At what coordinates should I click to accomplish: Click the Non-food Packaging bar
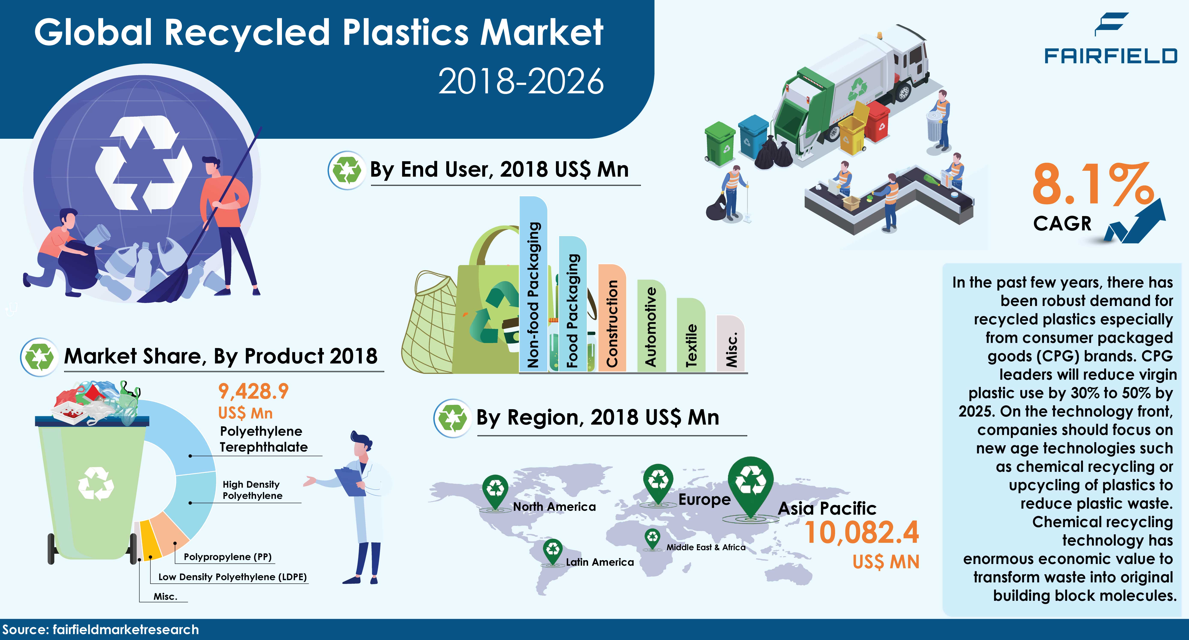533,286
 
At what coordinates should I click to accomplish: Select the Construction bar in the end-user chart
612,318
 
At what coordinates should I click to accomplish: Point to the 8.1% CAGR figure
1092,185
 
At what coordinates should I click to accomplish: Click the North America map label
554,507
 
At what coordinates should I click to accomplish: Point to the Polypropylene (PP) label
228,557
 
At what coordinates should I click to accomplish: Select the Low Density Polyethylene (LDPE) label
232,577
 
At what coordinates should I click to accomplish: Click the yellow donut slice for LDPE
148,540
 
